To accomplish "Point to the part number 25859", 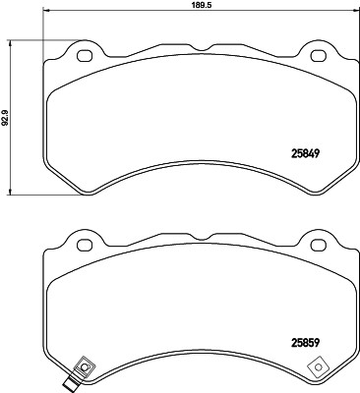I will (x=307, y=344).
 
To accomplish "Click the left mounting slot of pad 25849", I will (x=84, y=53).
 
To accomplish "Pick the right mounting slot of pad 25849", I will (x=319, y=53).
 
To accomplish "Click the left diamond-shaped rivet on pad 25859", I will (x=85, y=368).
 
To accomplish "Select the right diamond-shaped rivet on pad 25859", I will (x=320, y=368).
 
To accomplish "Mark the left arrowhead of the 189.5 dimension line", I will (x=47, y=13).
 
